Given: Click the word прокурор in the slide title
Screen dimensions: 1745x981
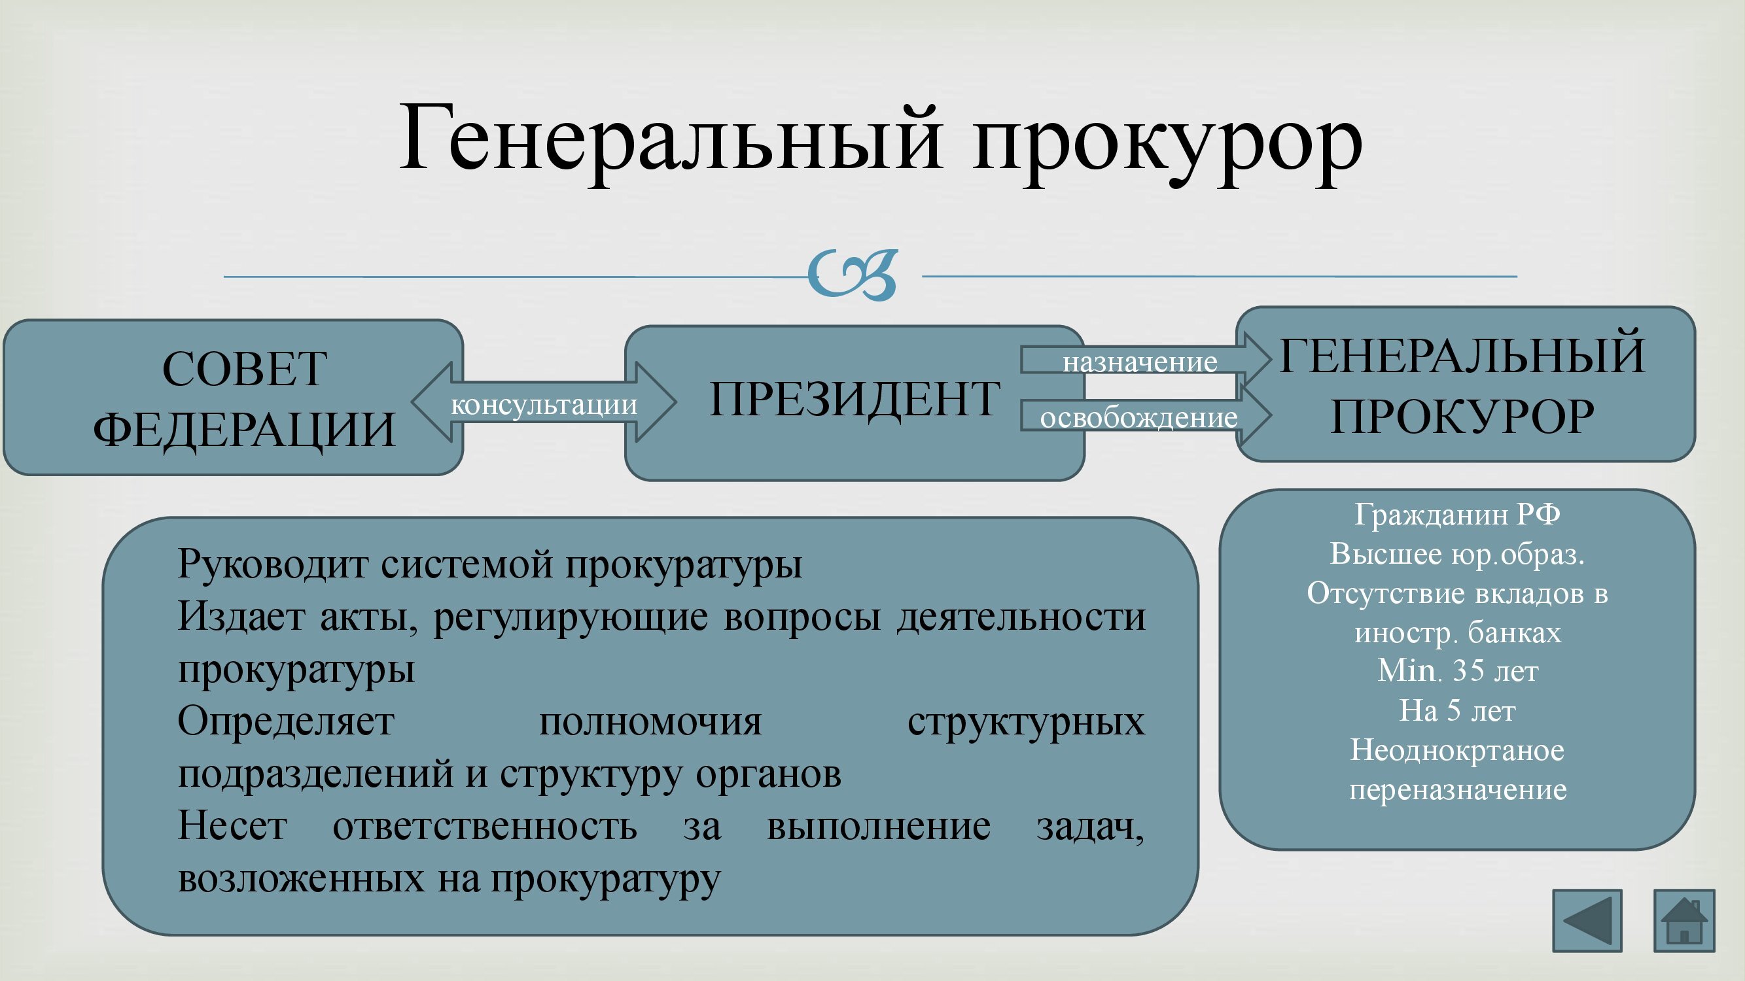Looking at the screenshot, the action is click(x=1168, y=146).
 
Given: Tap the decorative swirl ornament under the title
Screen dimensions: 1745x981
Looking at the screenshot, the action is click(x=853, y=275).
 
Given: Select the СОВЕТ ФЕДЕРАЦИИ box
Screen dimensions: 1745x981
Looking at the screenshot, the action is click(x=233, y=398).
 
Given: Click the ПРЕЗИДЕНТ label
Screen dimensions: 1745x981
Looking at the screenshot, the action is click(x=855, y=399).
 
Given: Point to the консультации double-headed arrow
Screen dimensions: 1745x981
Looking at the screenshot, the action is click(x=544, y=402).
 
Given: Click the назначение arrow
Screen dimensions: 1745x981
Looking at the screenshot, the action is click(x=1146, y=360).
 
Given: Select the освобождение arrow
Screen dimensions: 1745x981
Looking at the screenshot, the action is click(x=1146, y=416).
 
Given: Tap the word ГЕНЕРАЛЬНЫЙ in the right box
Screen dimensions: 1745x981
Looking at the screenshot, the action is click(x=1462, y=355).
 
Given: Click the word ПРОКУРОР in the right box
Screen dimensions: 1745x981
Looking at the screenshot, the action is click(x=1462, y=416).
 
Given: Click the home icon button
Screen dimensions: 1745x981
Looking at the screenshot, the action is click(x=1684, y=921).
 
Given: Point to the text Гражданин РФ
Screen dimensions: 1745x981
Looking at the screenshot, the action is click(x=1457, y=515).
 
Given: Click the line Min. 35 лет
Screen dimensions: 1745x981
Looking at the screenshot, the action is click(x=1458, y=671).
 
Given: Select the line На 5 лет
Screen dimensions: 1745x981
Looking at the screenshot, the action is click(x=1457, y=711).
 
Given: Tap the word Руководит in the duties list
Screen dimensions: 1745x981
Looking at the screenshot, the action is click(x=273, y=565).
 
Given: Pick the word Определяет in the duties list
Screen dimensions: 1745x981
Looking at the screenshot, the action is click(x=286, y=723).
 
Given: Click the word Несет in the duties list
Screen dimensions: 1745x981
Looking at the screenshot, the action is click(x=232, y=827).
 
